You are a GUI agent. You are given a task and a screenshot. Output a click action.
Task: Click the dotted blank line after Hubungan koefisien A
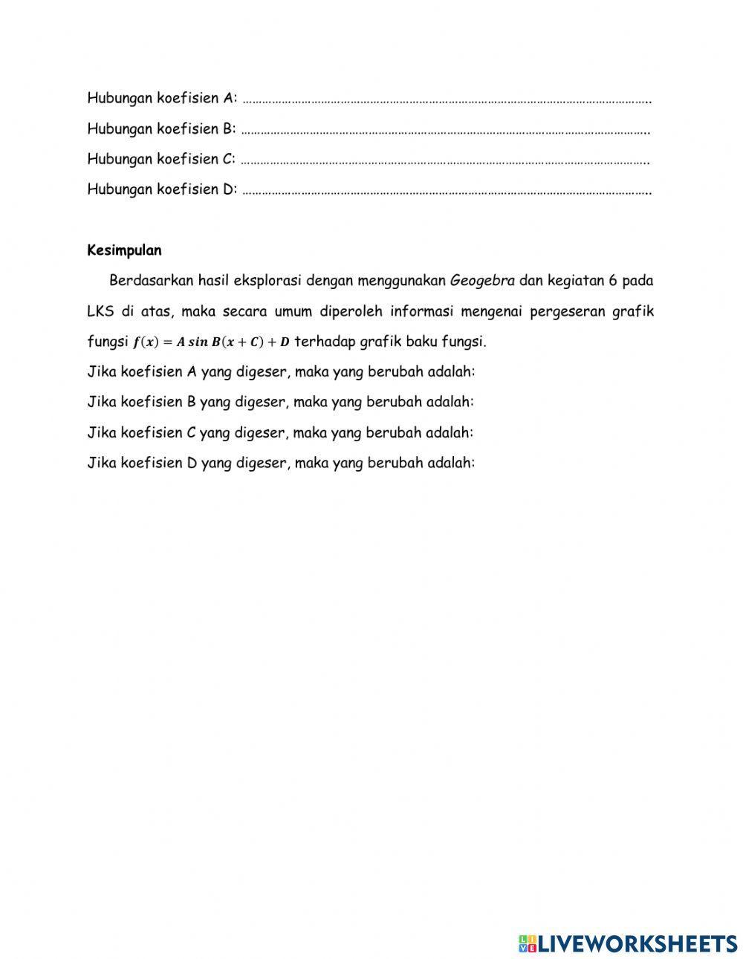(x=446, y=100)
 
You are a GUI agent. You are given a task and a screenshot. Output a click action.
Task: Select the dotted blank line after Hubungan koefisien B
(x=446, y=131)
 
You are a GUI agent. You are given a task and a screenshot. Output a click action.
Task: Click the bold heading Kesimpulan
(x=124, y=250)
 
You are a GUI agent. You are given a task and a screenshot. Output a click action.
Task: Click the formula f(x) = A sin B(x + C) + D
(x=211, y=342)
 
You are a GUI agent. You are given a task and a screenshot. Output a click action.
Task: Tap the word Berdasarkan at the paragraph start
(x=152, y=281)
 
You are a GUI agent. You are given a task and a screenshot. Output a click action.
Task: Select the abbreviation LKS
(x=100, y=311)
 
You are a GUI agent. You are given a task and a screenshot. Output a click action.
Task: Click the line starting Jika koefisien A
(x=281, y=371)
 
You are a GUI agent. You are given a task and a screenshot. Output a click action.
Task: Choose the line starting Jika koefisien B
(x=281, y=402)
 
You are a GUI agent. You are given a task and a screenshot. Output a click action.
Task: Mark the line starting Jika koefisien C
(x=281, y=432)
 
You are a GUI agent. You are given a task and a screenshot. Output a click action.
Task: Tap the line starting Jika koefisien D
(x=281, y=463)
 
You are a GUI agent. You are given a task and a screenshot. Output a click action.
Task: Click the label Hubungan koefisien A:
(x=162, y=98)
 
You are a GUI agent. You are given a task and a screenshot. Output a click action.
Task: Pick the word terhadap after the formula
(x=324, y=342)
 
